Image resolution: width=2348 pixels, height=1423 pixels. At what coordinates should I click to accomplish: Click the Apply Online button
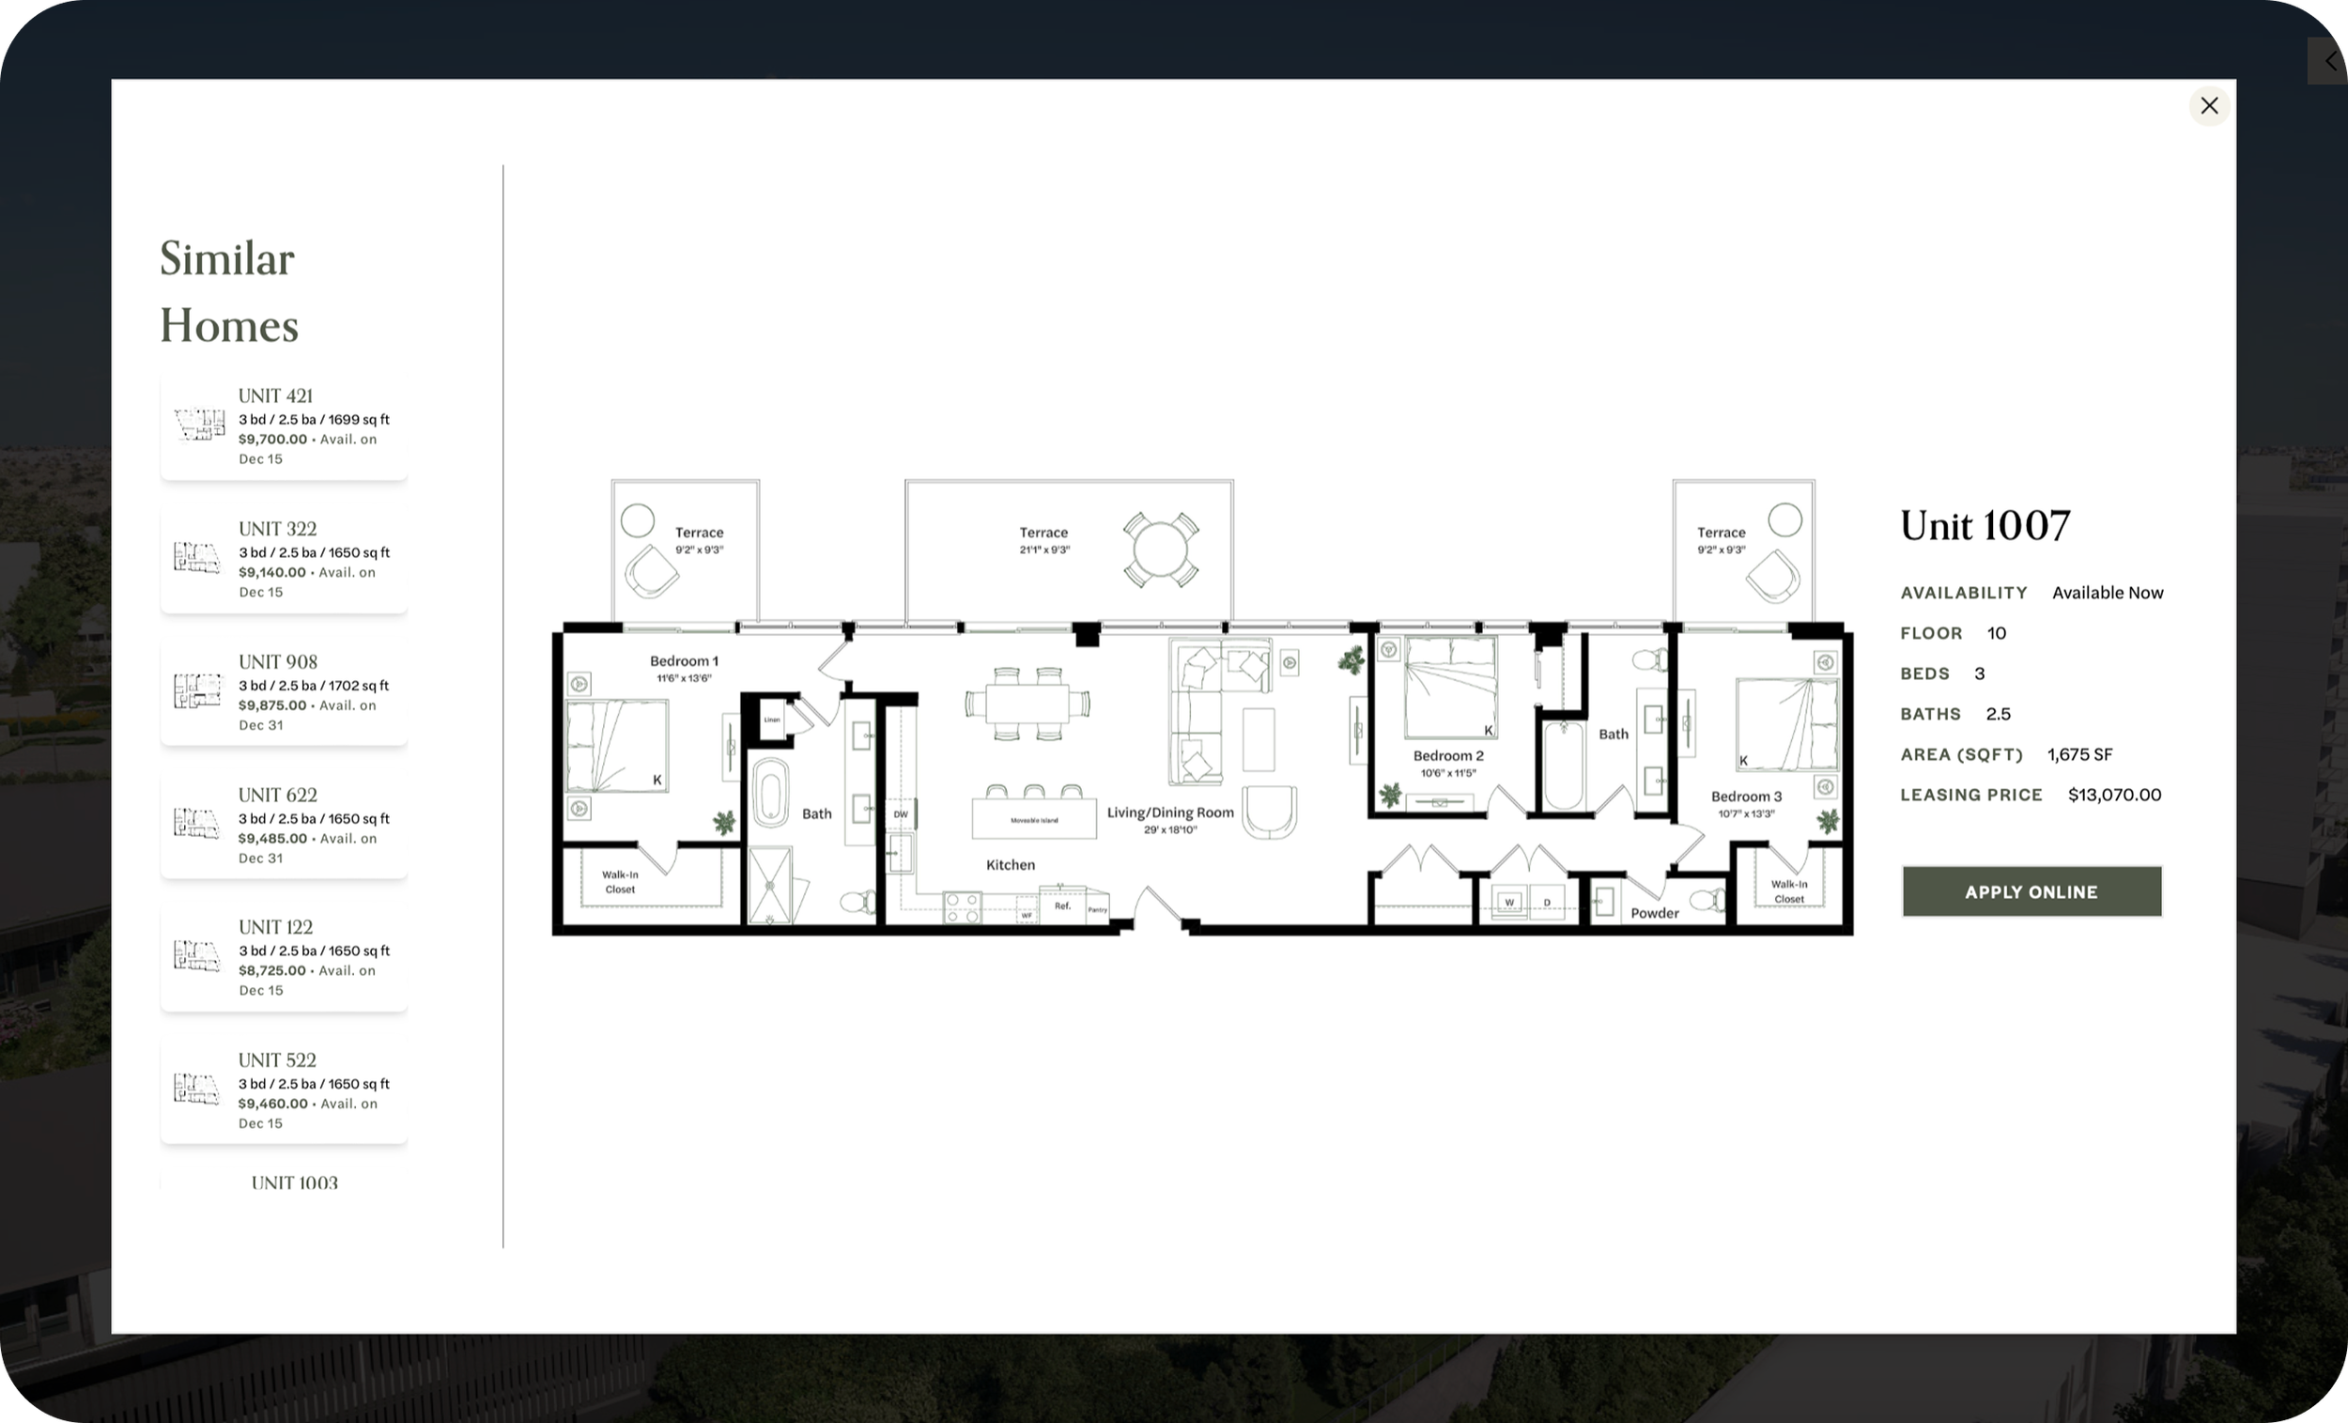(2031, 892)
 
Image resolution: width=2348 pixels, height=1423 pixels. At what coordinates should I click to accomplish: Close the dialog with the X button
(2209, 106)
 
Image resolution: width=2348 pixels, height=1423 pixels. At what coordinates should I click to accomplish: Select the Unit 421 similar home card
(283, 426)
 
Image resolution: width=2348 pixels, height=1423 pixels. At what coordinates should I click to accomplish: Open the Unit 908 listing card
(283, 692)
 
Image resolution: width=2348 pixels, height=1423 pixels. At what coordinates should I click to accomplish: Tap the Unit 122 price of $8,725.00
(271, 970)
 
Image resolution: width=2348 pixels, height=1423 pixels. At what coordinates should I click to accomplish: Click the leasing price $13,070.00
(2113, 795)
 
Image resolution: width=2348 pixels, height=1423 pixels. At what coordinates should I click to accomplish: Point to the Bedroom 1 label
(684, 660)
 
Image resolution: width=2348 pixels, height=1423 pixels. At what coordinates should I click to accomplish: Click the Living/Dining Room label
(1169, 813)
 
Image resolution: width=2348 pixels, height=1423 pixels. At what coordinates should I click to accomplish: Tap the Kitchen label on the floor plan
(1010, 864)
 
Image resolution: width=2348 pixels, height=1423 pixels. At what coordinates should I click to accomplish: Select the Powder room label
(1654, 913)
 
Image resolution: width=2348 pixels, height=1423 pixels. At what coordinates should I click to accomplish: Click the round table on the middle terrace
(1160, 551)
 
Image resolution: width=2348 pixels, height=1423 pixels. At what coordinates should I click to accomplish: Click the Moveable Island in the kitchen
(1034, 820)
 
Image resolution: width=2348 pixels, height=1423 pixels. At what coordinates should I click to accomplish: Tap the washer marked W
(1508, 902)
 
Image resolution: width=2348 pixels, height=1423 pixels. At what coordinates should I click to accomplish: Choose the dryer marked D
(1547, 902)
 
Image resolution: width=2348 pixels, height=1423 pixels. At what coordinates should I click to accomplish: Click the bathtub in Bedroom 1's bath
(770, 791)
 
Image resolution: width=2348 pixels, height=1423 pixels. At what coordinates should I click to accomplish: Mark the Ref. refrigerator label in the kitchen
(1062, 905)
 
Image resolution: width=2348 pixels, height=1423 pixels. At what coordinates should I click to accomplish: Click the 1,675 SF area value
(2079, 755)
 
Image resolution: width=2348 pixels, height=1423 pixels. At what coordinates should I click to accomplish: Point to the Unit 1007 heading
(1985, 525)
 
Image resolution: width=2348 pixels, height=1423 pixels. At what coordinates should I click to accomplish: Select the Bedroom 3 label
(1746, 797)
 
